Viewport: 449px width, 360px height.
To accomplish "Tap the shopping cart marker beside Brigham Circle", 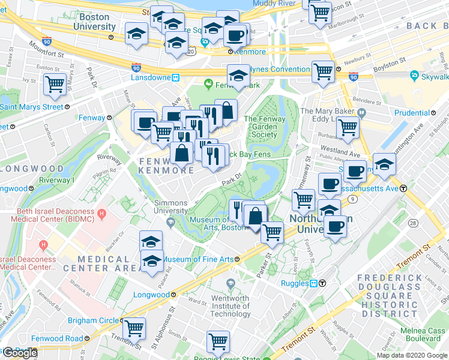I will tap(134, 328).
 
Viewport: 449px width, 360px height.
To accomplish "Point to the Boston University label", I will tap(94, 22).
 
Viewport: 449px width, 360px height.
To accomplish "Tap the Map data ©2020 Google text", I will tap(411, 355).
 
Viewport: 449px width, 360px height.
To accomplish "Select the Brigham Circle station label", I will tap(92, 320).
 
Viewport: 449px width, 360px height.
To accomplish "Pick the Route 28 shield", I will tap(414, 223).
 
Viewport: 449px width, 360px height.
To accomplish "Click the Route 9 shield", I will tap(353, 199).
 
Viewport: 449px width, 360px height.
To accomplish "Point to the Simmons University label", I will tap(171, 207).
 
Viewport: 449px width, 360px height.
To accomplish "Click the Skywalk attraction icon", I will tap(414, 76).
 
